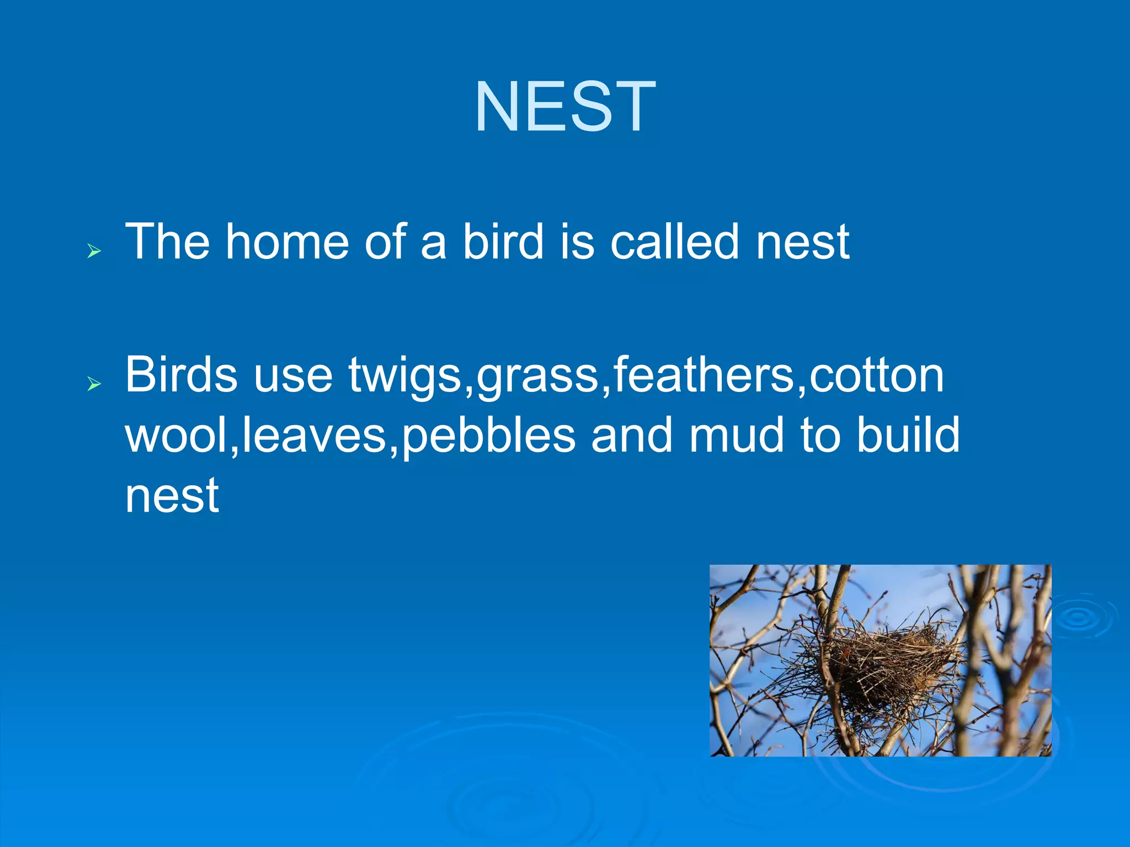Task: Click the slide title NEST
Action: pyautogui.click(x=565, y=106)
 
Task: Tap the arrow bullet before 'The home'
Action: pyautogui.click(x=94, y=252)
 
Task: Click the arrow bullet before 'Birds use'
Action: pyautogui.click(x=94, y=384)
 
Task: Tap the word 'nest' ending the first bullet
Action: pyautogui.click(x=802, y=243)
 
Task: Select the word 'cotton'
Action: pyautogui.click(x=877, y=376)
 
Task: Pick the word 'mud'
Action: pyautogui.click(x=737, y=435)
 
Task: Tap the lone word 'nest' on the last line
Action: pyautogui.click(x=172, y=495)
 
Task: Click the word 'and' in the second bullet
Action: pyautogui.click(x=632, y=435)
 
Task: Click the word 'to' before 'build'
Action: pyautogui.click(x=820, y=435)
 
